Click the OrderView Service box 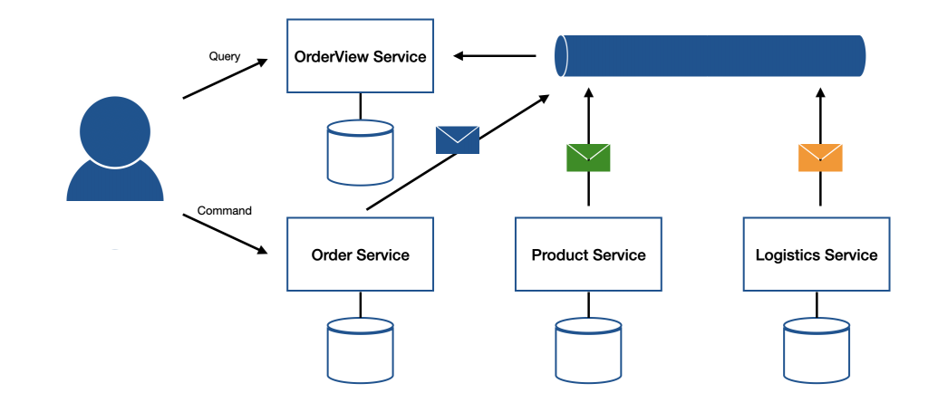pyautogui.click(x=360, y=56)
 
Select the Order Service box pyautogui.click(x=360, y=254)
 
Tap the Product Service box pyautogui.click(x=588, y=254)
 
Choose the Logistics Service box pyautogui.click(x=817, y=254)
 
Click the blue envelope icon pyautogui.click(x=457, y=139)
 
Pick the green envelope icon pyautogui.click(x=588, y=158)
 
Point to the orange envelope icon pyautogui.click(x=820, y=158)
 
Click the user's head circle pyautogui.click(x=114, y=130)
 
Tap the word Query pyautogui.click(x=224, y=56)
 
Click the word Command pyautogui.click(x=224, y=211)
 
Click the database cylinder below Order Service pyautogui.click(x=360, y=349)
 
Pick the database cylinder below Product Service pyautogui.click(x=588, y=349)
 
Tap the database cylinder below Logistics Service pyautogui.click(x=817, y=349)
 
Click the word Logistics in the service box pyautogui.click(x=787, y=255)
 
